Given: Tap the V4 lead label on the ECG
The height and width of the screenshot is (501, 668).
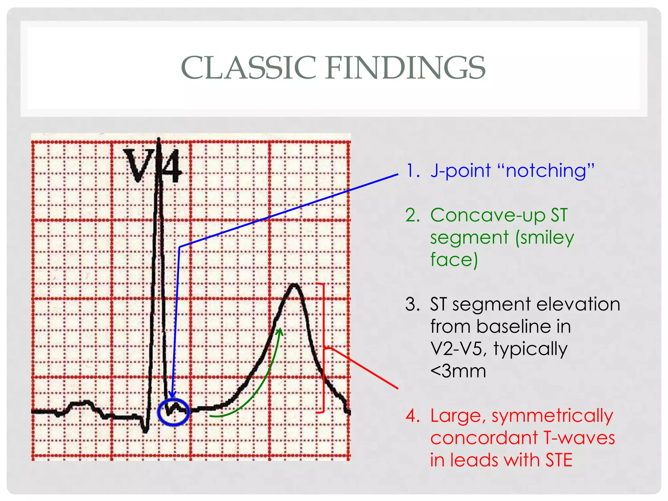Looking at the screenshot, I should (x=152, y=166).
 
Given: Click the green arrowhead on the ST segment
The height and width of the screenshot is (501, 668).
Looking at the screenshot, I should (x=280, y=332).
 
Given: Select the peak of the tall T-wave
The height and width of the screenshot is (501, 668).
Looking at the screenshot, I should (x=295, y=286).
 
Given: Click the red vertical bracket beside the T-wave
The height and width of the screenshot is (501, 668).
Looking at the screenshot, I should (x=324, y=348).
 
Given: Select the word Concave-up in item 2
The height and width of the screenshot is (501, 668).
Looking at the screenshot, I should (x=488, y=216).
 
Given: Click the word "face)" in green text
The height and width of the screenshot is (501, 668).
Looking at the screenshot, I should (x=454, y=260).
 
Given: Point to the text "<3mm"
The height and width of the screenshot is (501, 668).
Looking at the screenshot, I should (x=458, y=371).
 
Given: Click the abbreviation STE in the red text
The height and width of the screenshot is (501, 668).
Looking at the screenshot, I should (x=559, y=460).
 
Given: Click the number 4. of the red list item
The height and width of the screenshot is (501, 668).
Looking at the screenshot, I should (x=413, y=416).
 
